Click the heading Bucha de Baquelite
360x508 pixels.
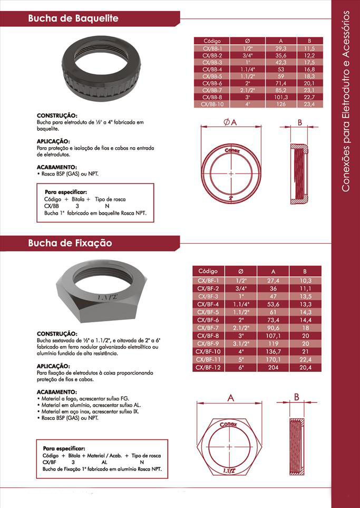coord(73,18)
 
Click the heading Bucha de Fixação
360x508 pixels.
coord(70,244)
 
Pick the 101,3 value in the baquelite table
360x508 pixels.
coord(281,97)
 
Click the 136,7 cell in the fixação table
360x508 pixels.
coord(280,352)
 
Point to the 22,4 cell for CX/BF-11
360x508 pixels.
coord(306,359)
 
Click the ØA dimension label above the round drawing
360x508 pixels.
coord(230,122)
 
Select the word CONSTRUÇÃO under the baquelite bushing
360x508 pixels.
coord(57,115)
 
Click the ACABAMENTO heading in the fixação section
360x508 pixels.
coord(57,392)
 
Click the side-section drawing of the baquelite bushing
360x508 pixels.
coord(299,174)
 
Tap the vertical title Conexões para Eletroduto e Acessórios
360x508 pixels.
coord(346,100)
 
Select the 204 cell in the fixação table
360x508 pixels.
coord(280,367)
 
